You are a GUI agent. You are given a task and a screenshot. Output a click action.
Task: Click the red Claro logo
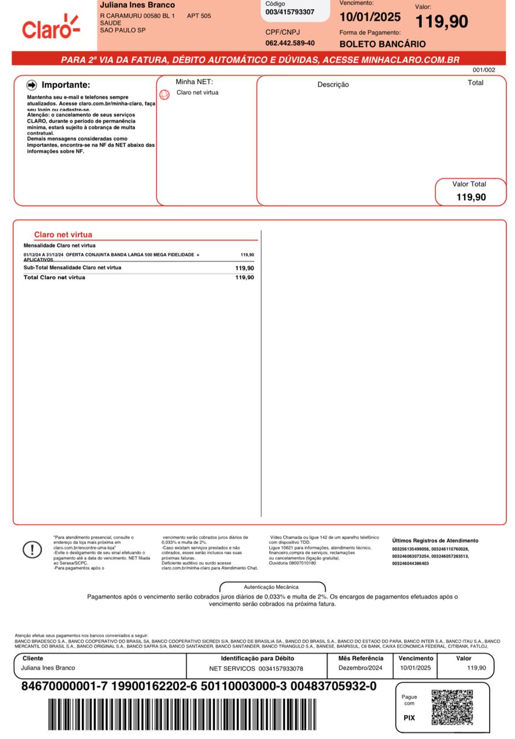click(50, 27)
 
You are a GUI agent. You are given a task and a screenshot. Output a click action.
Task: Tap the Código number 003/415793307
click(290, 12)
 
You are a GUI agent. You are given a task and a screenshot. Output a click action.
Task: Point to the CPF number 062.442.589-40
click(290, 43)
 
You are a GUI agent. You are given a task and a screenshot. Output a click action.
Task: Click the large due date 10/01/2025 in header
click(370, 17)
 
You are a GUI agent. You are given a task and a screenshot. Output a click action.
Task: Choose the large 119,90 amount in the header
click(442, 22)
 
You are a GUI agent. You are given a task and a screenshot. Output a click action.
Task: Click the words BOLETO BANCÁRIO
click(382, 44)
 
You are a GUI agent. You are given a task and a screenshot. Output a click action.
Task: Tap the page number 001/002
click(484, 70)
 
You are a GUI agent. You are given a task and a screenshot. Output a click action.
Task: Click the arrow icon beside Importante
click(32, 85)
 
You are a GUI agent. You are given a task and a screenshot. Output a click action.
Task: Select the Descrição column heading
click(333, 85)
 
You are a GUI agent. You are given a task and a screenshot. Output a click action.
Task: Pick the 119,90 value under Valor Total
click(471, 197)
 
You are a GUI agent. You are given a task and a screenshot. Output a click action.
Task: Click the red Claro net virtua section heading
click(63, 235)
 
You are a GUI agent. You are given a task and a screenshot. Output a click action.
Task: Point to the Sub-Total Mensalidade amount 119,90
click(245, 268)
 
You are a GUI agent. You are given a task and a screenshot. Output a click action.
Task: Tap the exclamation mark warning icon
click(32, 550)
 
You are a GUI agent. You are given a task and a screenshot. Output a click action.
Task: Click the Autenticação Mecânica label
click(271, 587)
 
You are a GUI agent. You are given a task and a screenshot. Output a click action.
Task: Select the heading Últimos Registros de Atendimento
click(435, 541)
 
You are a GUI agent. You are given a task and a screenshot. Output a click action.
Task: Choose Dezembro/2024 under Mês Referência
click(360, 668)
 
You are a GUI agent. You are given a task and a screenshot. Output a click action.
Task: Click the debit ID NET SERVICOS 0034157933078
click(255, 669)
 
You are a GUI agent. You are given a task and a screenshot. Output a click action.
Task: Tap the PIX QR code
click(452, 707)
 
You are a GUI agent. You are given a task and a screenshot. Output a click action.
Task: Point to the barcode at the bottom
click(182, 716)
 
